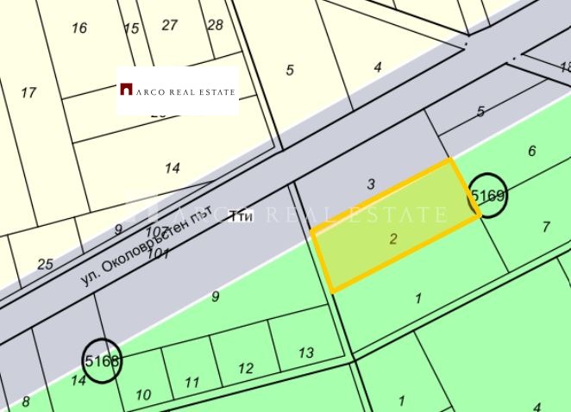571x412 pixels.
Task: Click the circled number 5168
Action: pos(102,360)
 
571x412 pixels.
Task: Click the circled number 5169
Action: pos(487,197)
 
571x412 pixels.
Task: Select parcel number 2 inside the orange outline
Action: pos(393,239)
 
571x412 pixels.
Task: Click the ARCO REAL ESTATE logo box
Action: pos(177,90)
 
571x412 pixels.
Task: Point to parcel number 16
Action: pos(79,28)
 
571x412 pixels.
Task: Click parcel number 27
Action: pos(169,25)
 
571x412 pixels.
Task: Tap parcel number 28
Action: pos(215,25)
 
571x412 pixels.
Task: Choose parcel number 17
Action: pos(28,92)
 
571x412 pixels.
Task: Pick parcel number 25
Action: pos(45,264)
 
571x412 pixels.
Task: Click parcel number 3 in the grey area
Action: pos(371,184)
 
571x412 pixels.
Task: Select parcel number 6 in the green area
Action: pos(532,151)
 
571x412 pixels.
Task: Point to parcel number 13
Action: pos(305,353)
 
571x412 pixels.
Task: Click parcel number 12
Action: pos(246,369)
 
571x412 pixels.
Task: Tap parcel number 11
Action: pos(192,383)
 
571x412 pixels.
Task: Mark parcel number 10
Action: pos(143,395)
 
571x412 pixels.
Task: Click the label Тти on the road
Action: pos(242,217)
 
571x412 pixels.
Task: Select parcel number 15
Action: pos(131,28)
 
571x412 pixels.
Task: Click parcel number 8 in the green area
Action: pos(26,401)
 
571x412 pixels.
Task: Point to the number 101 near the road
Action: pos(159,253)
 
